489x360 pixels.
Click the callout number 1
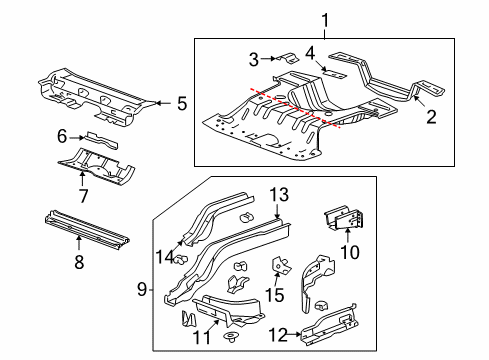tap(323, 19)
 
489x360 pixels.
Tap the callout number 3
tap(254, 59)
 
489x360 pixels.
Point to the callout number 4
tap(310, 53)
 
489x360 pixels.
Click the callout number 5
tap(181, 101)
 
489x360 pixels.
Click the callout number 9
tap(144, 289)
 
